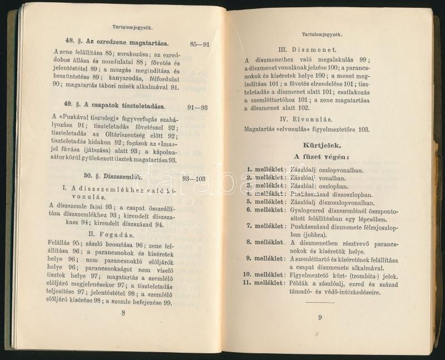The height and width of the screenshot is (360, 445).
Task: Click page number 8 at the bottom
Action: tap(123, 313)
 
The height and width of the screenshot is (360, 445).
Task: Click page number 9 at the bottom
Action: tap(320, 317)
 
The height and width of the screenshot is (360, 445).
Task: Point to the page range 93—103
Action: tap(194, 179)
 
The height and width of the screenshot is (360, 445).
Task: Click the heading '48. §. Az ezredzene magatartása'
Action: tap(117, 42)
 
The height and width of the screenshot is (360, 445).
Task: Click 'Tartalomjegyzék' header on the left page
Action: tap(129, 26)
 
